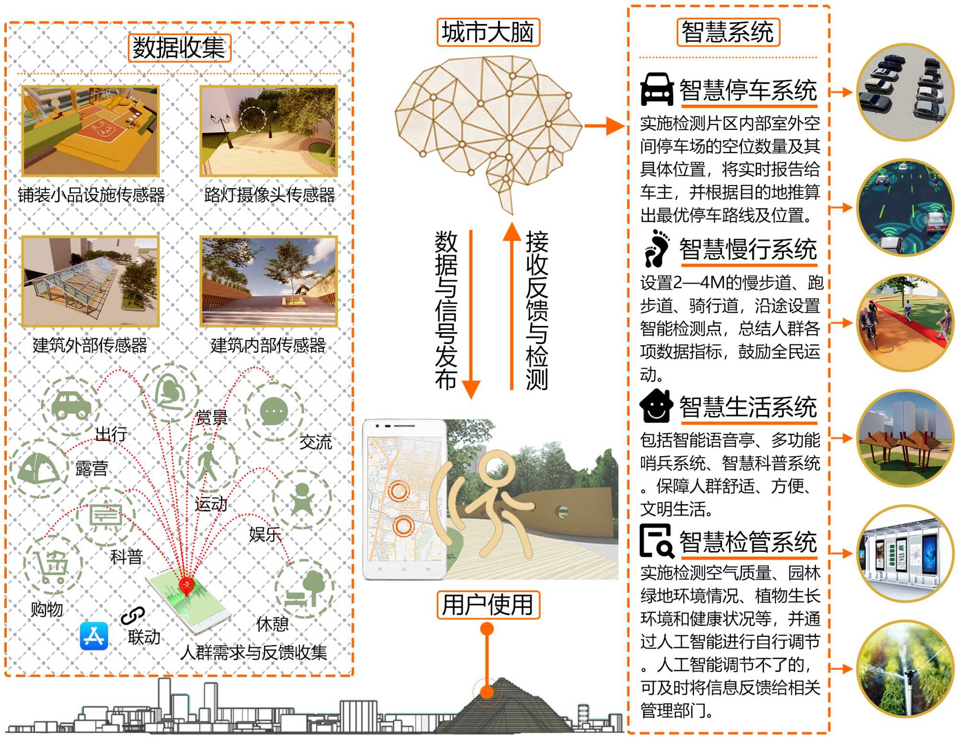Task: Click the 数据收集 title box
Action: coord(180,48)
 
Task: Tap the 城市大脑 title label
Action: coord(488,33)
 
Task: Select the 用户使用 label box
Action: coord(488,605)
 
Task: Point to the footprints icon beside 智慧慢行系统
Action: coord(657,248)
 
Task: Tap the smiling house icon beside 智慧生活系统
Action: coord(656,406)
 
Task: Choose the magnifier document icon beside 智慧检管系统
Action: coord(657,541)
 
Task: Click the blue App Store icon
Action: coord(94,636)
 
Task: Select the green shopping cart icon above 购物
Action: coord(53,566)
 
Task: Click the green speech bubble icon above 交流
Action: coord(274,411)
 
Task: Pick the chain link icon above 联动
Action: coord(133,615)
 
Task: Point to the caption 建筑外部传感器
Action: coord(90,345)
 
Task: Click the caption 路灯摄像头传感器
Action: coord(269,195)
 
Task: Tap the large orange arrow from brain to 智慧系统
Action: coord(604,126)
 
